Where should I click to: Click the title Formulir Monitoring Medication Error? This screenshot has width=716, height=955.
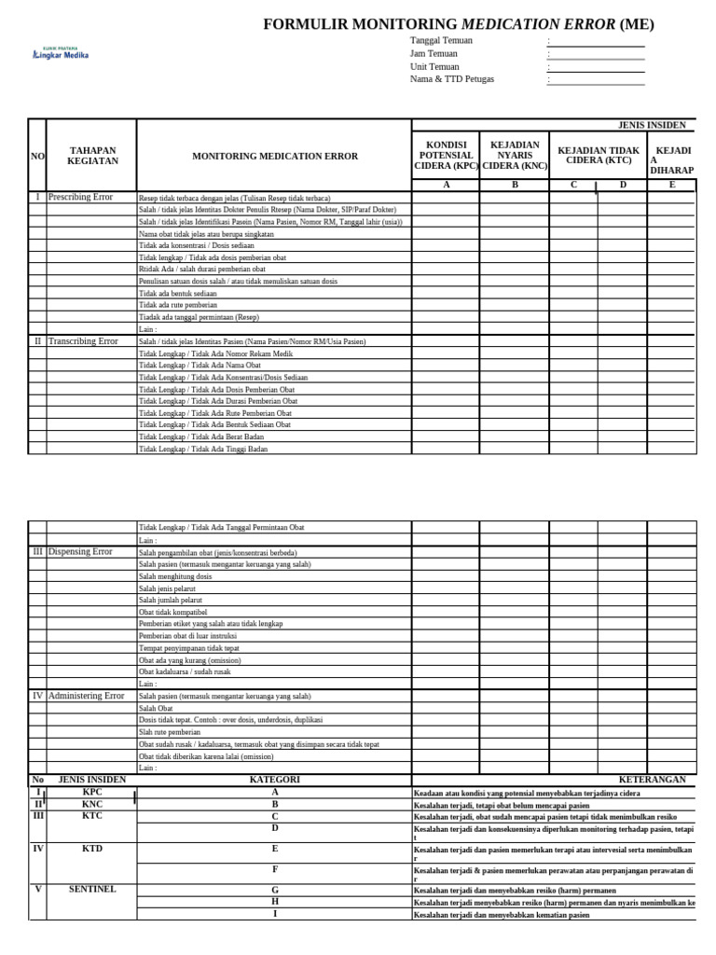(458, 24)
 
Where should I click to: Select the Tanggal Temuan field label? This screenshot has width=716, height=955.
(441, 41)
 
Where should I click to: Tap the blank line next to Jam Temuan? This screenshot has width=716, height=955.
(598, 54)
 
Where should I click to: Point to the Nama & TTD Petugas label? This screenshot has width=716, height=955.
(452, 79)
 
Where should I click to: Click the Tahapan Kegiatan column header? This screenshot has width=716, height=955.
(91, 156)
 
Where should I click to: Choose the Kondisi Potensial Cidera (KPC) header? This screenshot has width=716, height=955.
(446, 156)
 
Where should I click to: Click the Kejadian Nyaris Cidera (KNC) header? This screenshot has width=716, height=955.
(514, 156)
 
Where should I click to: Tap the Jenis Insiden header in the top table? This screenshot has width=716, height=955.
(652, 125)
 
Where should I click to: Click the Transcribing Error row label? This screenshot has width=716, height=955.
(83, 341)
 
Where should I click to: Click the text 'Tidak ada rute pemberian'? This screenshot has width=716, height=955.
(178, 305)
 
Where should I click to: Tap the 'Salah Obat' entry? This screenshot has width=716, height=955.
(156, 709)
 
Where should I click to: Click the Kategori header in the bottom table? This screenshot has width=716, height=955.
(274, 780)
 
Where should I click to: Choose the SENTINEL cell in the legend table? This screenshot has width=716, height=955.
(91, 890)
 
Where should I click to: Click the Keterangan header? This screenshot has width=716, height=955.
(652, 780)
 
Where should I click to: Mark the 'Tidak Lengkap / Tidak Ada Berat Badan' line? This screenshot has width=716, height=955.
(201, 436)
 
